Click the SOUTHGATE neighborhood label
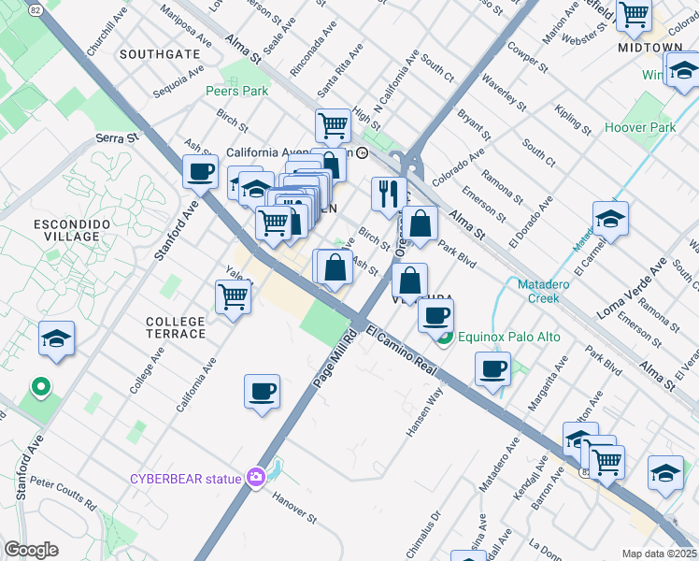(x=160, y=54)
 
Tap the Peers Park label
(x=237, y=91)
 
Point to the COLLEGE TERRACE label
(x=176, y=327)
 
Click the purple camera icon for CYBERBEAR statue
(x=256, y=478)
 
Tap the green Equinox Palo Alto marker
(x=446, y=338)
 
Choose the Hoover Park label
(x=640, y=127)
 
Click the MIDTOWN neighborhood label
(x=650, y=47)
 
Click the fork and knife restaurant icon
(x=389, y=194)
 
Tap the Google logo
(x=31, y=549)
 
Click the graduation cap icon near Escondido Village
(x=56, y=339)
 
